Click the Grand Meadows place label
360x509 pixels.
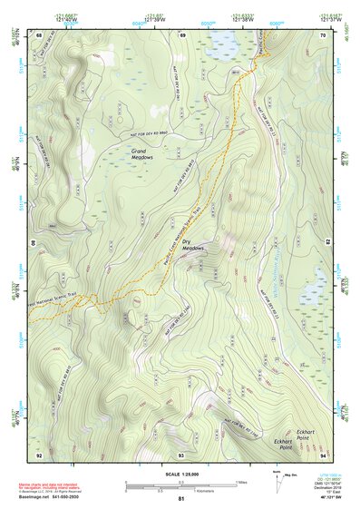(x=142, y=153)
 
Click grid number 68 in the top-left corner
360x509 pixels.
(x=39, y=34)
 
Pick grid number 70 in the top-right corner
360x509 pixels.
(x=323, y=34)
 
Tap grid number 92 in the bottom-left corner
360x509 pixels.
(x=39, y=454)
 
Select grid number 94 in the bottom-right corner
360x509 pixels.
(x=323, y=454)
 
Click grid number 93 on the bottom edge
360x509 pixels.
(x=181, y=454)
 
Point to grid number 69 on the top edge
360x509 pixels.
(x=181, y=34)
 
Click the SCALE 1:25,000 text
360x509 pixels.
(x=180, y=475)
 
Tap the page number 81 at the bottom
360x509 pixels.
(x=180, y=499)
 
